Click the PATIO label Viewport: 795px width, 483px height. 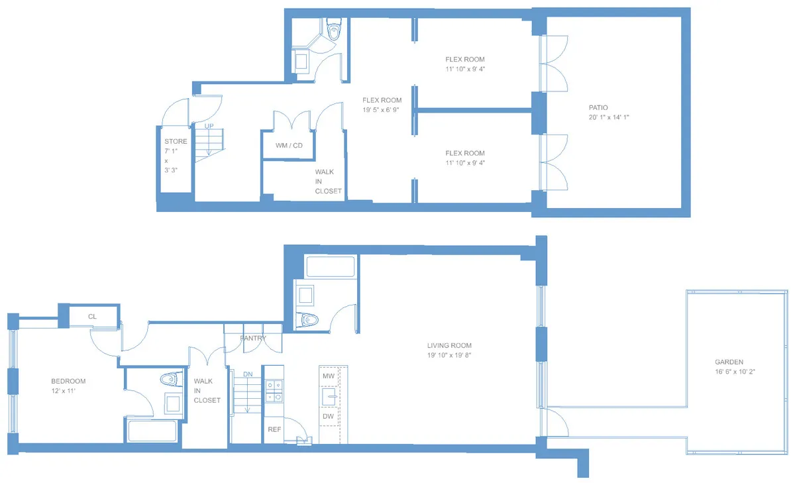[598, 107]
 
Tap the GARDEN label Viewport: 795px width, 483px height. [729, 362]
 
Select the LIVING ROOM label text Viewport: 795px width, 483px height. [449, 345]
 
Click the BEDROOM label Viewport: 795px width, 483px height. [68, 381]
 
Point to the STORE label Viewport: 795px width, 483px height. [176, 142]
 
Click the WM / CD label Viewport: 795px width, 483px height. [289, 145]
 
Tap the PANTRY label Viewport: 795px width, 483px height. [253, 339]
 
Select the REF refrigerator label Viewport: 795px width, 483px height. [274, 429]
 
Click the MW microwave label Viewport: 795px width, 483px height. [328, 376]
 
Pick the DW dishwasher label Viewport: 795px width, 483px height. [328, 416]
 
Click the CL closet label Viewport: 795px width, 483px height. [92, 317]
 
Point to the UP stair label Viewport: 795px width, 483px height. [209, 126]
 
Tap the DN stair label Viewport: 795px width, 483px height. [248, 374]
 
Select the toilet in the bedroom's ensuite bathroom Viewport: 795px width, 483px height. [171, 380]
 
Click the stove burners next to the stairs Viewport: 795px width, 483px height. [273, 391]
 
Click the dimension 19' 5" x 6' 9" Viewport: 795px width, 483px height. [382, 111]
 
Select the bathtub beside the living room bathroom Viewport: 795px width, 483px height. [331, 266]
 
